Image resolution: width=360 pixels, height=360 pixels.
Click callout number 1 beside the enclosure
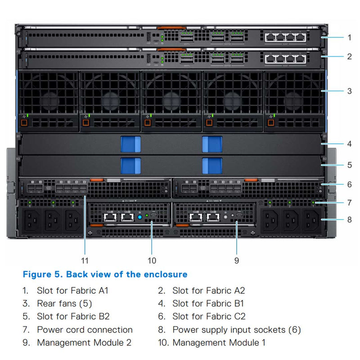pyautogui.click(x=349, y=37)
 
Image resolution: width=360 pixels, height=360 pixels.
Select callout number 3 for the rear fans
pyautogui.click(x=349, y=91)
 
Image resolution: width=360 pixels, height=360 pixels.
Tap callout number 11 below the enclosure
pyautogui.click(x=85, y=260)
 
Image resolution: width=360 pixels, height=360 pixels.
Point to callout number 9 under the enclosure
pyautogui.click(x=237, y=260)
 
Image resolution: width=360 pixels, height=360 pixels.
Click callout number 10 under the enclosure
pyautogui.click(x=152, y=260)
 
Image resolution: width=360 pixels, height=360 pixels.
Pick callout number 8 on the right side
pyautogui.click(x=349, y=220)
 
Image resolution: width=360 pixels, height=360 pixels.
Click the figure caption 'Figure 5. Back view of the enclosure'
pyautogui.click(x=105, y=274)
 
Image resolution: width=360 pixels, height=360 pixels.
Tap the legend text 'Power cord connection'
pyautogui.click(x=85, y=330)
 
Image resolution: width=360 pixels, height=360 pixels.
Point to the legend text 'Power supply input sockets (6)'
pyautogui.click(x=236, y=330)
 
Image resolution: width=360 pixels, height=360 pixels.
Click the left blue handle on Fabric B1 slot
pyautogui.click(x=131, y=144)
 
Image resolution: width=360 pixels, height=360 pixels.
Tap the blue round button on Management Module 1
pyautogui.click(x=139, y=216)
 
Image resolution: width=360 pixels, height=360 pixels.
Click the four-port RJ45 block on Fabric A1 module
pyautogui.click(x=283, y=37)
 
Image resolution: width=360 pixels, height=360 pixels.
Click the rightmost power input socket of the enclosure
pyautogui.click(x=311, y=221)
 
